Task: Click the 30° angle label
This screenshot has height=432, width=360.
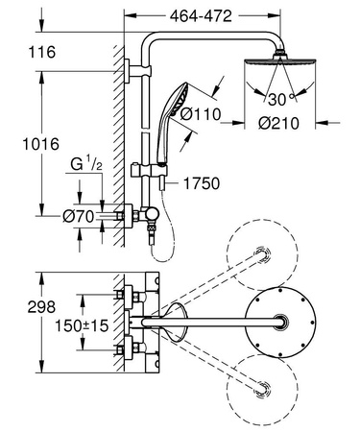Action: click(280, 99)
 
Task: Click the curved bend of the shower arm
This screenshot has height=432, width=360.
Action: click(152, 43)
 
